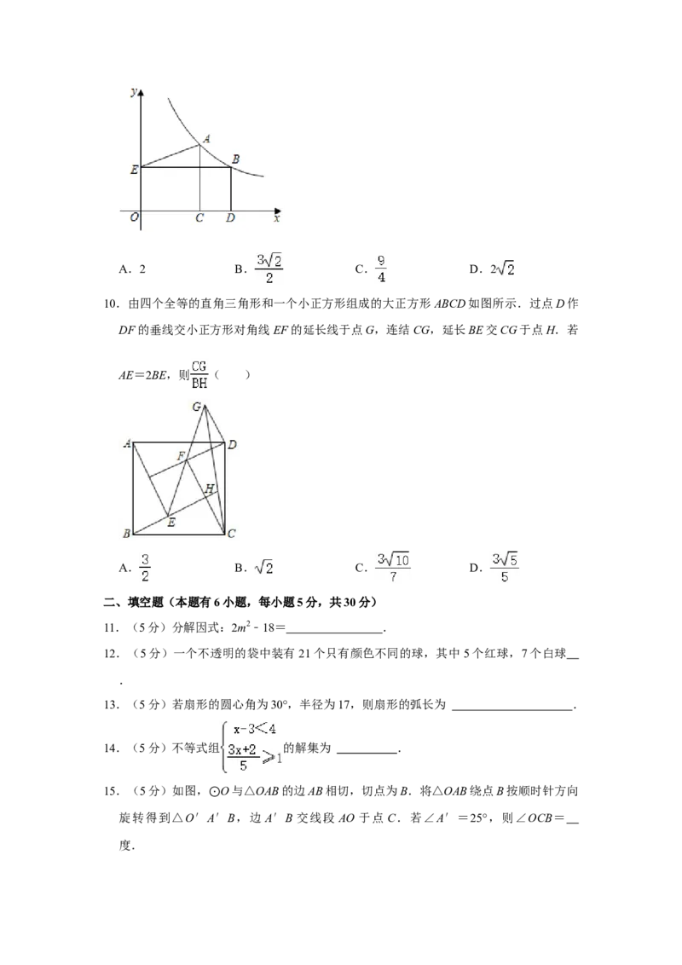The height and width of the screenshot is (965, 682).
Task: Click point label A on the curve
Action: click(206, 139)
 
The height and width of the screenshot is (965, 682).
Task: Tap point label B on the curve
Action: click(235, 159)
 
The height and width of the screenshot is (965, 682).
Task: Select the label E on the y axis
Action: click(134, 170)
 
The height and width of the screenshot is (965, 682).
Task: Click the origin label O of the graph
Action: click(134, 217)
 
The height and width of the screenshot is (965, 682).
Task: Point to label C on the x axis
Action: click(199, 218)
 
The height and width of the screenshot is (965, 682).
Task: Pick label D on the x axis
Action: click(230, 218)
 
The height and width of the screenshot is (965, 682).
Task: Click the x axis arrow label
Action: click(277, 218)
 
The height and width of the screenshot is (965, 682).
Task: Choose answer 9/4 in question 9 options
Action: click(381, 269)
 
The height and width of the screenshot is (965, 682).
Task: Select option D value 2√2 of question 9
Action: click(502, 269)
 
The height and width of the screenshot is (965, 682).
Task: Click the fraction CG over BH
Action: click(199, 374)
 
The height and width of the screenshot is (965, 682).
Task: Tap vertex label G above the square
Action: click(196, 407)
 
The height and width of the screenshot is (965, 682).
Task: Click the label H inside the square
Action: click(209, 488)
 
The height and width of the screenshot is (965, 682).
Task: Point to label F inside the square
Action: click(181, 456)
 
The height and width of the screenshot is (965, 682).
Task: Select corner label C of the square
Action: click(231, 534)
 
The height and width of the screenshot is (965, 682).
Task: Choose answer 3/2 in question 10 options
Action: click(145, 568)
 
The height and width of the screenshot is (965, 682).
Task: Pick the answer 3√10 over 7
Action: click(393, 568)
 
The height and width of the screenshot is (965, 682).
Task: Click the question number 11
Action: click(112, 627)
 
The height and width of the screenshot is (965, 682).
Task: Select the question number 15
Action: click(112, 791)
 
